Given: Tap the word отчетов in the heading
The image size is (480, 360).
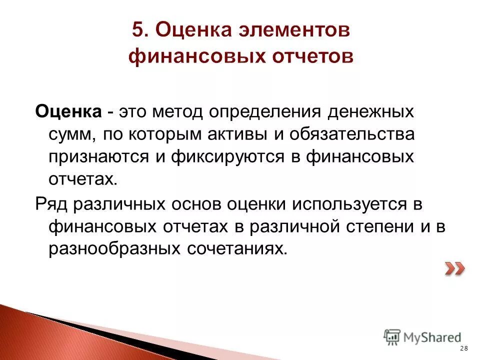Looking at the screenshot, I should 311,56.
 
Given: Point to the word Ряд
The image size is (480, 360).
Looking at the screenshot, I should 53,203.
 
